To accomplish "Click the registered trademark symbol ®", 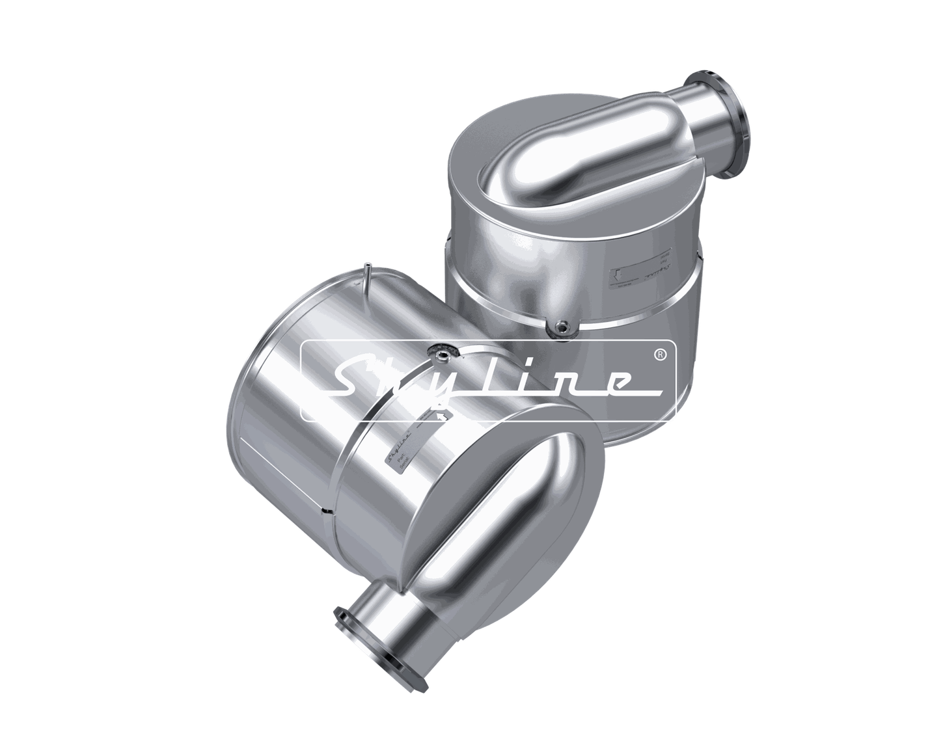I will [660, 355].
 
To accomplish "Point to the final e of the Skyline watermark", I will [612, 384].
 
